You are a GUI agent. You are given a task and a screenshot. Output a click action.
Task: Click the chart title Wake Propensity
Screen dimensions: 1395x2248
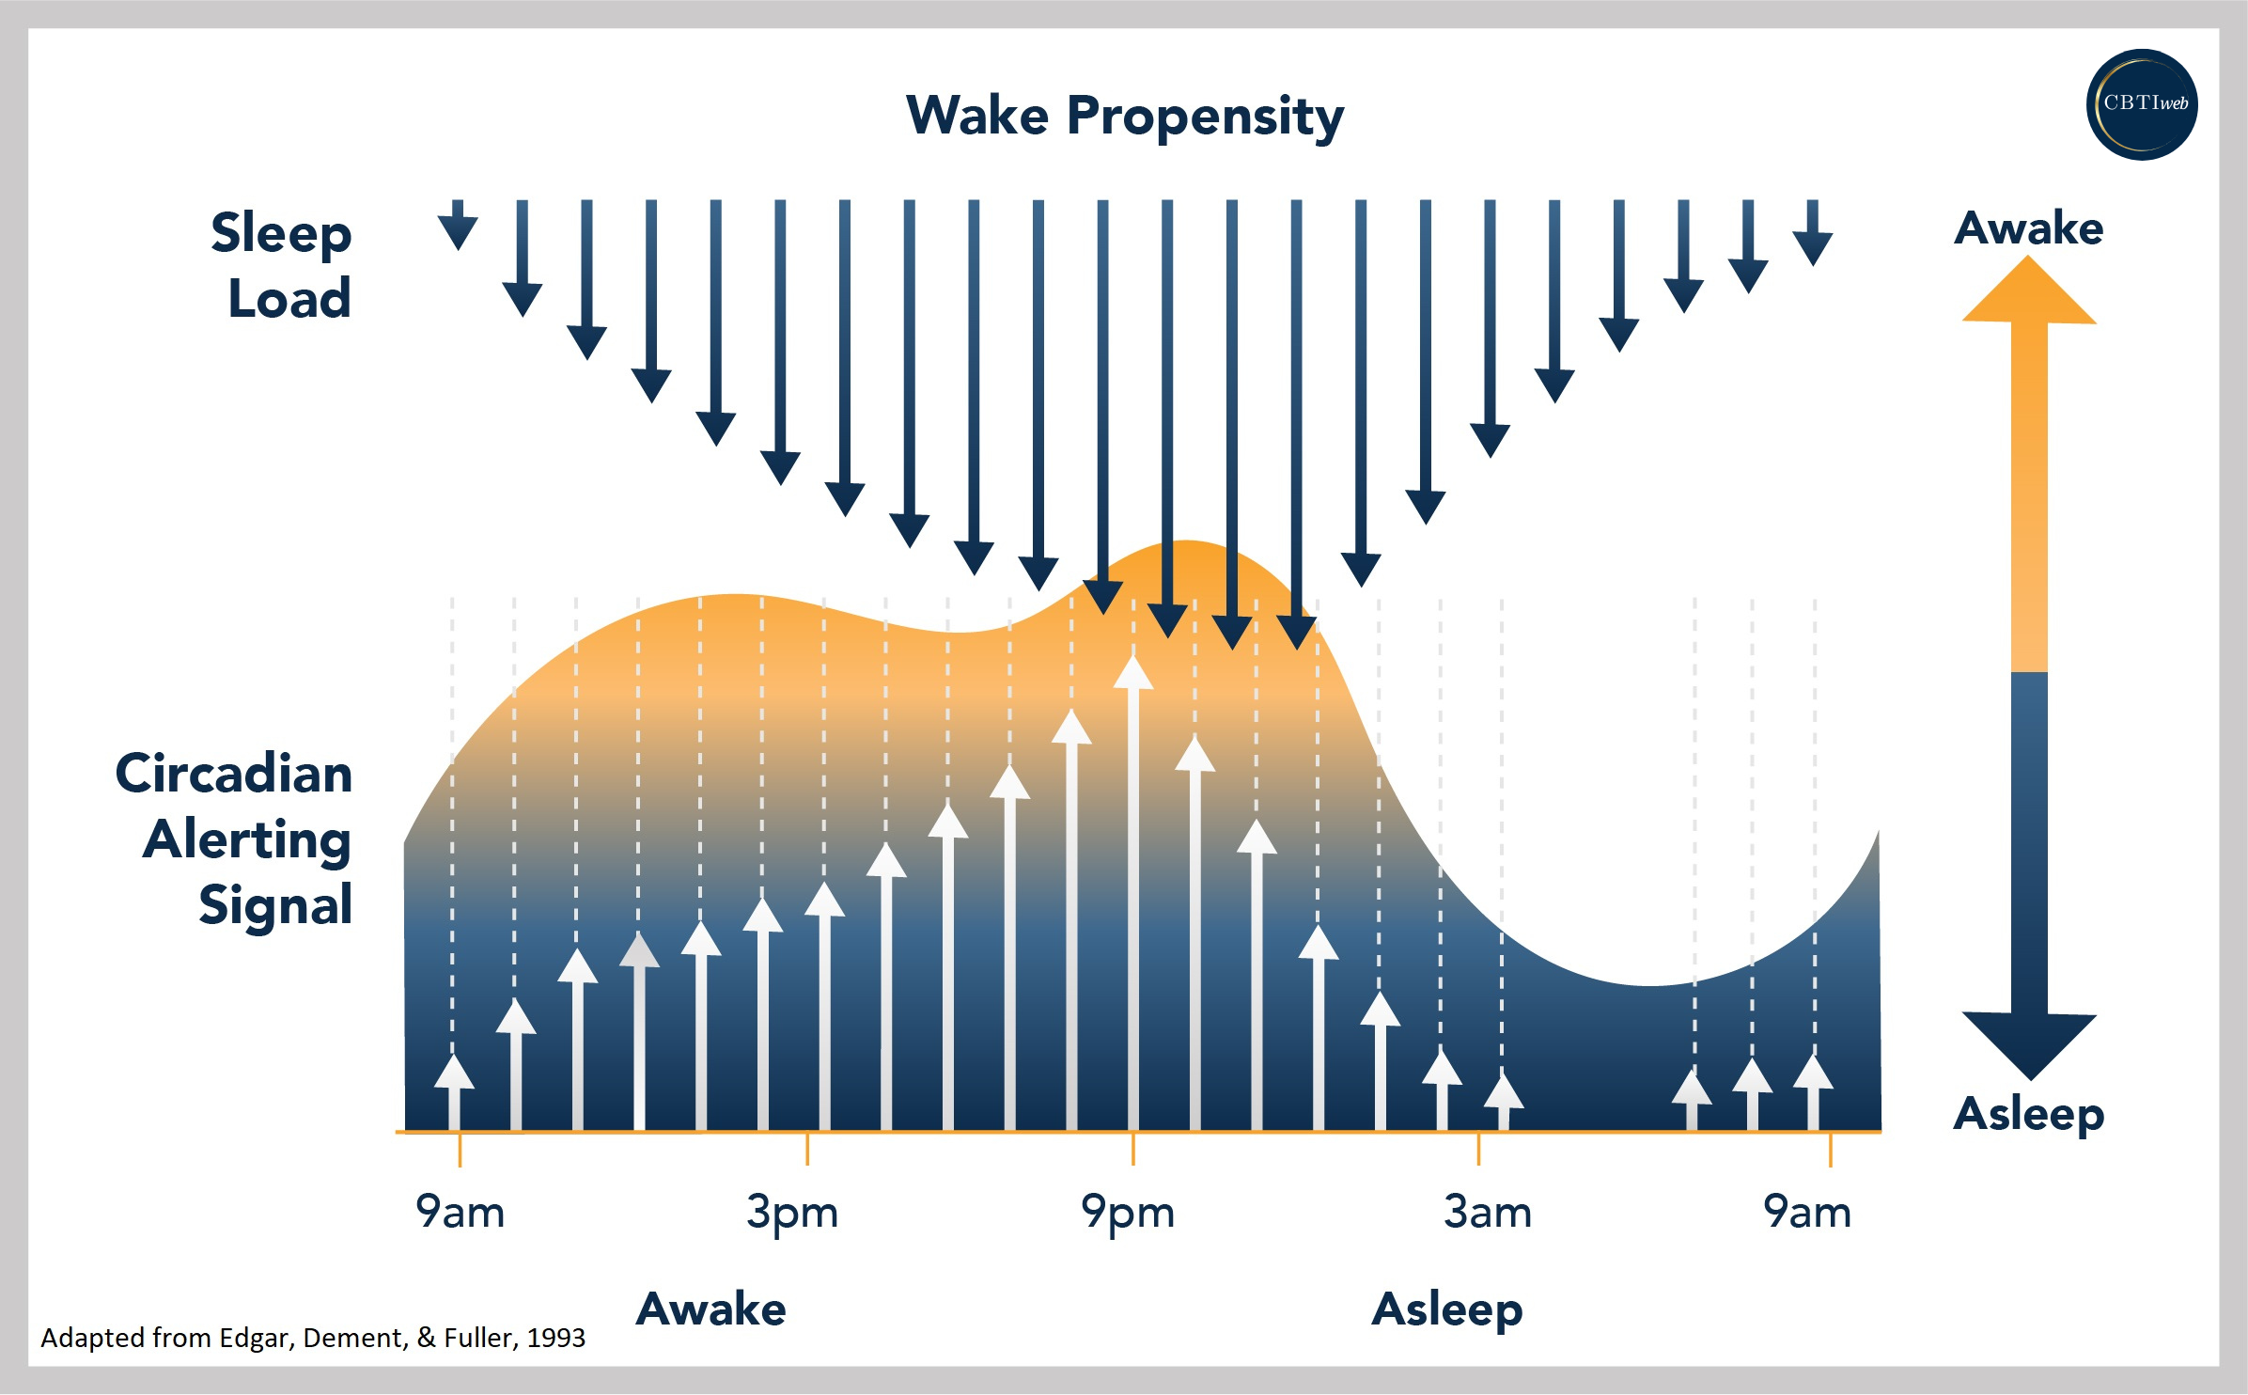[x=1124, y=117]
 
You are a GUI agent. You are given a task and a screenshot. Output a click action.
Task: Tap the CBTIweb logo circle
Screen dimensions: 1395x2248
[x=2142, y=104]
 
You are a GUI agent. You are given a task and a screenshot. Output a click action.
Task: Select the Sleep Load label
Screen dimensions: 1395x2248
[x=282, y=265]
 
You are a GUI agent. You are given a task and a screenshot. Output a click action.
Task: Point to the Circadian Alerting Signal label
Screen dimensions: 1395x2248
[x=235, y=839]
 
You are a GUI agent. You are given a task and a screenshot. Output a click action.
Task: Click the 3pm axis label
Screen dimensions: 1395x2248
[x=791, y=1213]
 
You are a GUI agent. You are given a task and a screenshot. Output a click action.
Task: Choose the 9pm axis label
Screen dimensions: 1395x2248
[x=1128, y=1213]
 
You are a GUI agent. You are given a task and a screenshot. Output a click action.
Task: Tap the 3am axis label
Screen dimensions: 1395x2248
[x=1488, y=1213]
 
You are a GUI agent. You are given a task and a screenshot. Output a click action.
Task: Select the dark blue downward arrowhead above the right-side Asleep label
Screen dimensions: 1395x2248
[x=2029, y=1043]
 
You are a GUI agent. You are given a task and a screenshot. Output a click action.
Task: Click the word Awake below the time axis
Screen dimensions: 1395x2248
[x=711, y=1309]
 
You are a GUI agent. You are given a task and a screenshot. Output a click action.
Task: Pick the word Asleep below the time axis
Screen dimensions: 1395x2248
[x=1447, y=1309]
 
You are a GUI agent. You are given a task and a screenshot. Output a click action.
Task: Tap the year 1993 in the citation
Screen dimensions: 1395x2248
[x=556, y=1338]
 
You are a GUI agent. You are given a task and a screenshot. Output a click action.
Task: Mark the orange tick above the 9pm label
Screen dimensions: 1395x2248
[x=1133, y=1149]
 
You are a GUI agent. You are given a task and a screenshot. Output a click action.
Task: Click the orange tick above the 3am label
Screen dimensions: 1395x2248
[x=1478, y=1149]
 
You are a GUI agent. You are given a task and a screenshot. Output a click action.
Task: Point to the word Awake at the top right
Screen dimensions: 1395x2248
[x=2029, y=228]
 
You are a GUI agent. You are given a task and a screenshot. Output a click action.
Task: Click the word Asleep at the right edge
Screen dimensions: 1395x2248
[x=2029, y=1115]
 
